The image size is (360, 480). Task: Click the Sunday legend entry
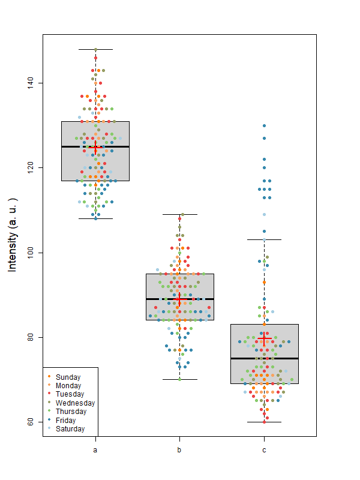(x=67, y=377)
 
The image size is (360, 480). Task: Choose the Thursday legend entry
(x=70, y=412)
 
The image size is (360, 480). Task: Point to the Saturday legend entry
(x=69, y=429)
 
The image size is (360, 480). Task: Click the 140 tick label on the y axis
(x=30, y=83)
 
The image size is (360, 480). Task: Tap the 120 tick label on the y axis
(x=30, y=167)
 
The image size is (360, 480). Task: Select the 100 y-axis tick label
(x=30, y=253)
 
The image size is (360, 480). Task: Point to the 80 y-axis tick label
(x=30, y=337)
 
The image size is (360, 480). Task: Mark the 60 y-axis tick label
(x=30, y=422)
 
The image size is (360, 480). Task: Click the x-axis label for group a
(x=95, y=449)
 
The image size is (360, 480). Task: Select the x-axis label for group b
(x=179, y=449)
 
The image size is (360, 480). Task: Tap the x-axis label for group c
(x=264, y=449)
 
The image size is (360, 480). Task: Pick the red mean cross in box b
(x=179, y=298)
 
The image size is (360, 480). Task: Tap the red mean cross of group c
(x=264, y=340)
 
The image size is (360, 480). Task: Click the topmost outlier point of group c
(x=264, y=126)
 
